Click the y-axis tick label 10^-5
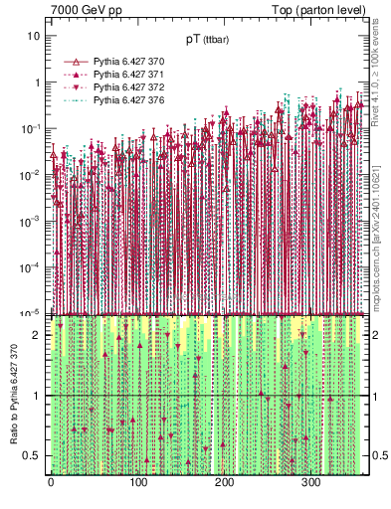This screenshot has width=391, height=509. click(x=33, y=312)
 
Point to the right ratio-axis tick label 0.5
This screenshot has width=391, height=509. click(x=378, y=456)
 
